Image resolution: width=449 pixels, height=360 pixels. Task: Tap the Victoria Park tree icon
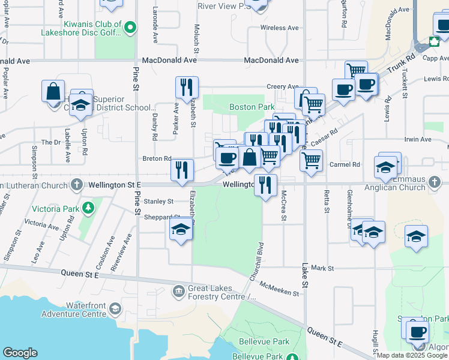89,208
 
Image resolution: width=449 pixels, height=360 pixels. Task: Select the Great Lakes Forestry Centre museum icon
179,292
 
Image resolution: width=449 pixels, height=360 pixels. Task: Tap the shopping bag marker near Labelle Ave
53,91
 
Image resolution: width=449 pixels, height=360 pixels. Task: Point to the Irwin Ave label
418,139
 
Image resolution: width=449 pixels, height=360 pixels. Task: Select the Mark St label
322,268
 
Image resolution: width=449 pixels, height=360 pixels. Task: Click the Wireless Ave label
279,28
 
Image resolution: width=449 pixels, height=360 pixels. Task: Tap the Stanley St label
158,202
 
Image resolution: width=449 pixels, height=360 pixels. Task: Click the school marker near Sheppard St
181,229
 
